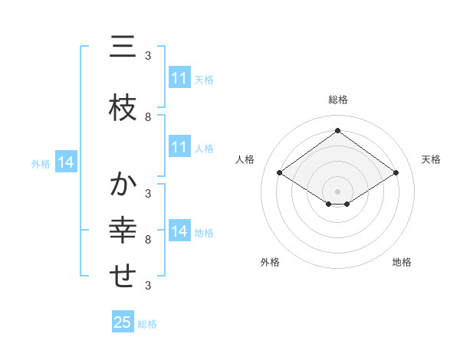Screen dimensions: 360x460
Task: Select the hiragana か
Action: click(x=123, y=185)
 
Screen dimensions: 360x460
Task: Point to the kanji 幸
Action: click(x=123, y=231)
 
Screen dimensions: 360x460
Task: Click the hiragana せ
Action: click(x=123, y=277)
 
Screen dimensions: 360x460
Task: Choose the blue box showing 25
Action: click(x=123, y=322)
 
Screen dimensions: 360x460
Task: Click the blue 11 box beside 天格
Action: click(x=179, y=78)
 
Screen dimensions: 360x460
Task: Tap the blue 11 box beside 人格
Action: click(x=179, y=147)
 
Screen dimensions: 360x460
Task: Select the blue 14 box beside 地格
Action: click(x=179, y=231)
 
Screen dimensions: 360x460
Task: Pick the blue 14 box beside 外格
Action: click(x=66, y=162)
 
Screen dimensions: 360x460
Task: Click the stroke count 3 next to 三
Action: click(x=148, y=55)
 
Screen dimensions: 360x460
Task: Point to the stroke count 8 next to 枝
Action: click(x=148, y=116)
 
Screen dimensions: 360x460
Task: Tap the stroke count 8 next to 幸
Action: click(x=148, y=240)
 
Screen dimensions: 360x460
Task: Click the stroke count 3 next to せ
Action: click(x=148, y=286)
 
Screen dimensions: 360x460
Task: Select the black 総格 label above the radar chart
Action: click(x=338, y=100)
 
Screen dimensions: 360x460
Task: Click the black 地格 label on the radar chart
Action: click(x=402, y=262)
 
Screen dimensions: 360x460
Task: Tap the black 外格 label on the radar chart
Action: click(x=270, y=262)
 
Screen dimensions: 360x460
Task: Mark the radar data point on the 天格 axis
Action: click(x=396, y=173)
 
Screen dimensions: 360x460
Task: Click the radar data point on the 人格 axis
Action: click(x=280, y=173)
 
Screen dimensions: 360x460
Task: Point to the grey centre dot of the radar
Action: click(x=338, y=191)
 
